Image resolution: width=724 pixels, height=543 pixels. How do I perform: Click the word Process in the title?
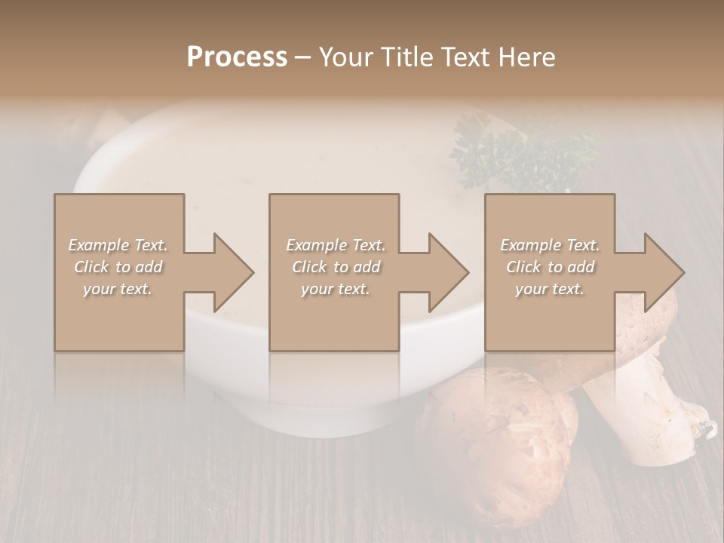point(237,57)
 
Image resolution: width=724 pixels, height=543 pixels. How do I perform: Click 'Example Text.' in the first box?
point(118,245)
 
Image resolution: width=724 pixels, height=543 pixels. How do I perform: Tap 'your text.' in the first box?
point(118,289)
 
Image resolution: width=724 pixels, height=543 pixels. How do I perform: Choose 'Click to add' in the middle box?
point(336,267)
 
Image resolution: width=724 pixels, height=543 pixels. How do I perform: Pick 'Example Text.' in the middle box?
point(336,245)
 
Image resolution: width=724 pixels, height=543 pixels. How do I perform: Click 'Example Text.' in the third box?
point(550,245)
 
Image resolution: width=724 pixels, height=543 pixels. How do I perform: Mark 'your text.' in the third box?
point(550,289)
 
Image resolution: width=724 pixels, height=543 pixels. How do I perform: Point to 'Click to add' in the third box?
point(550,267)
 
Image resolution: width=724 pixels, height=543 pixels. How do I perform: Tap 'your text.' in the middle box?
point(336,289)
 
